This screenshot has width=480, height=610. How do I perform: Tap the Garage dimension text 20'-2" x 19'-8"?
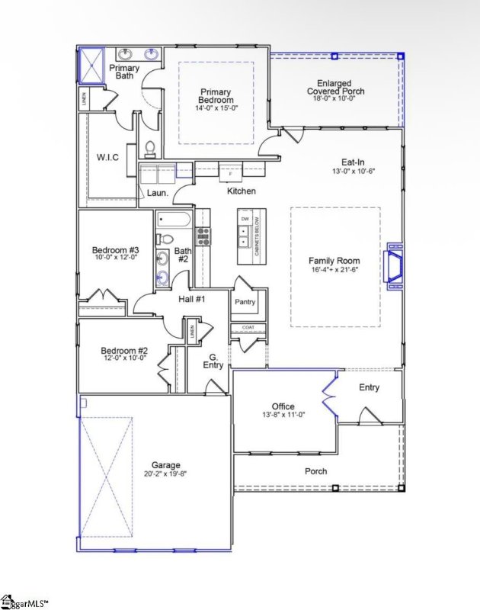click(165, 474)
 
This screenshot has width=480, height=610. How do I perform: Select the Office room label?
click(283, 406)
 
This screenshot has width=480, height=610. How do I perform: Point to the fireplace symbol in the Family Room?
click(395, 267)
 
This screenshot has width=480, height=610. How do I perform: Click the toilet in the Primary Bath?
click(150, 147)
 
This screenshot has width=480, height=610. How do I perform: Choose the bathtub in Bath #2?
click(174, 221)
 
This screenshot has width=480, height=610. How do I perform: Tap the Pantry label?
click(245, 301)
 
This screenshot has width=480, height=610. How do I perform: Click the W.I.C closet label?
click(107, 157)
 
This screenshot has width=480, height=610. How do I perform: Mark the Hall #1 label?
click(191, 299)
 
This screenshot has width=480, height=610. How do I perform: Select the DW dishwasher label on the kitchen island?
click(245, 220)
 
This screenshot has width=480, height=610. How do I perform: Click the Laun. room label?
click(158, 193)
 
